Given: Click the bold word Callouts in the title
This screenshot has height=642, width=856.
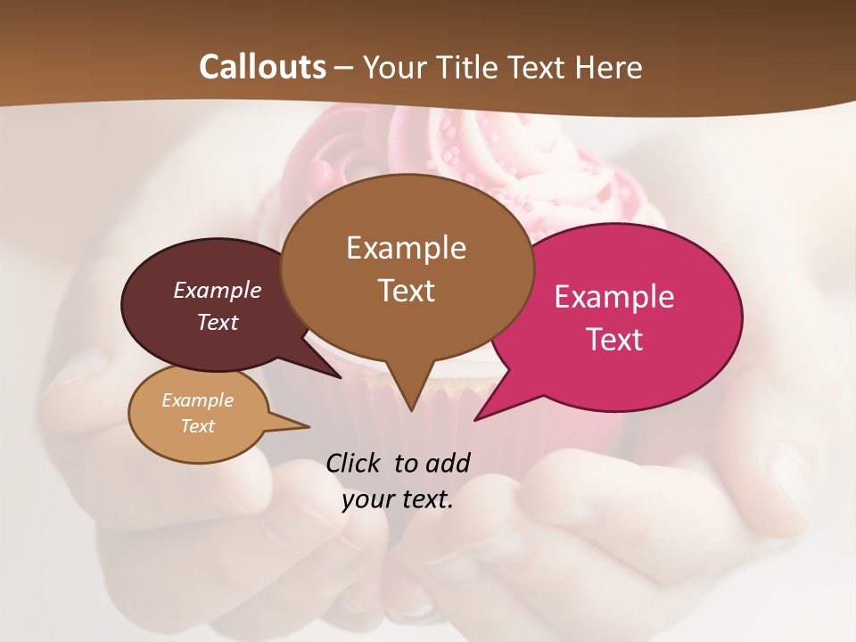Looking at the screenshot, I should pos(262,67).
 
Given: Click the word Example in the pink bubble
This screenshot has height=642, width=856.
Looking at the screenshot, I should pos(614,297).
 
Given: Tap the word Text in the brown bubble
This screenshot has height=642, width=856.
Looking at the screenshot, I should pos(407,291).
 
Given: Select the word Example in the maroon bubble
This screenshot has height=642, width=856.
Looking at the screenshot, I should pos(218,290).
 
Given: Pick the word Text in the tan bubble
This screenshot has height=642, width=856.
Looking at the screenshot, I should pos(198,426).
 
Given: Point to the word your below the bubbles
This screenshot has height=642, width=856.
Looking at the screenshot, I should pos(368,499).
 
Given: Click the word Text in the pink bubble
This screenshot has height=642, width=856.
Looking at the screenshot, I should pos(614,340).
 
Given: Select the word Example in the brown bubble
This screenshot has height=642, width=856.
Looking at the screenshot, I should pos(407,248).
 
